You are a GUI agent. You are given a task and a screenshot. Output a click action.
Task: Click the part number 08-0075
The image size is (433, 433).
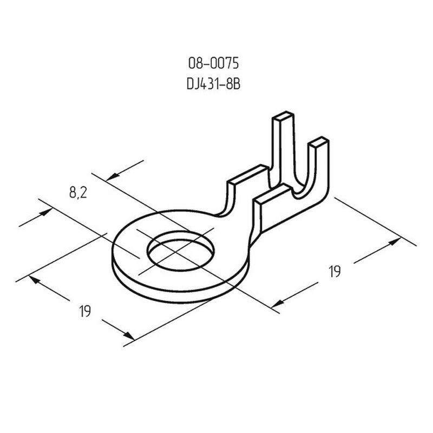(x=213, y=63)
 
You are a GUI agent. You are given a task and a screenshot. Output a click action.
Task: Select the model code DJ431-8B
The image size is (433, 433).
(x=213, y=84)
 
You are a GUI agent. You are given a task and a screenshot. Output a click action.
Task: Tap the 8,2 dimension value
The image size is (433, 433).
(x=78, y=192)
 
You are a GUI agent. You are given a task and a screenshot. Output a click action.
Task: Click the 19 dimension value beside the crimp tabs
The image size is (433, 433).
(x=335, y=271)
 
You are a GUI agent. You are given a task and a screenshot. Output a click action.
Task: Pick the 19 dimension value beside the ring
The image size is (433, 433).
(x=85, y=311)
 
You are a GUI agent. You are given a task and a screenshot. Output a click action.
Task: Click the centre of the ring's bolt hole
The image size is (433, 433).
(x=181, y=251)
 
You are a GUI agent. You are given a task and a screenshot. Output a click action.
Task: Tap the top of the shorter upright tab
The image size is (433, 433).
(x=319, y=141)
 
